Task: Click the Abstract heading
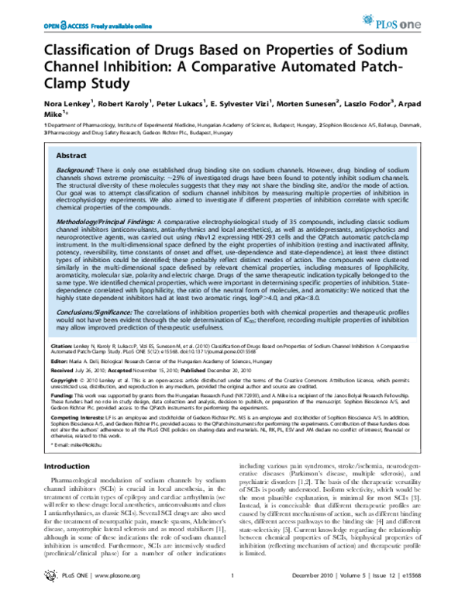[71, 134]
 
